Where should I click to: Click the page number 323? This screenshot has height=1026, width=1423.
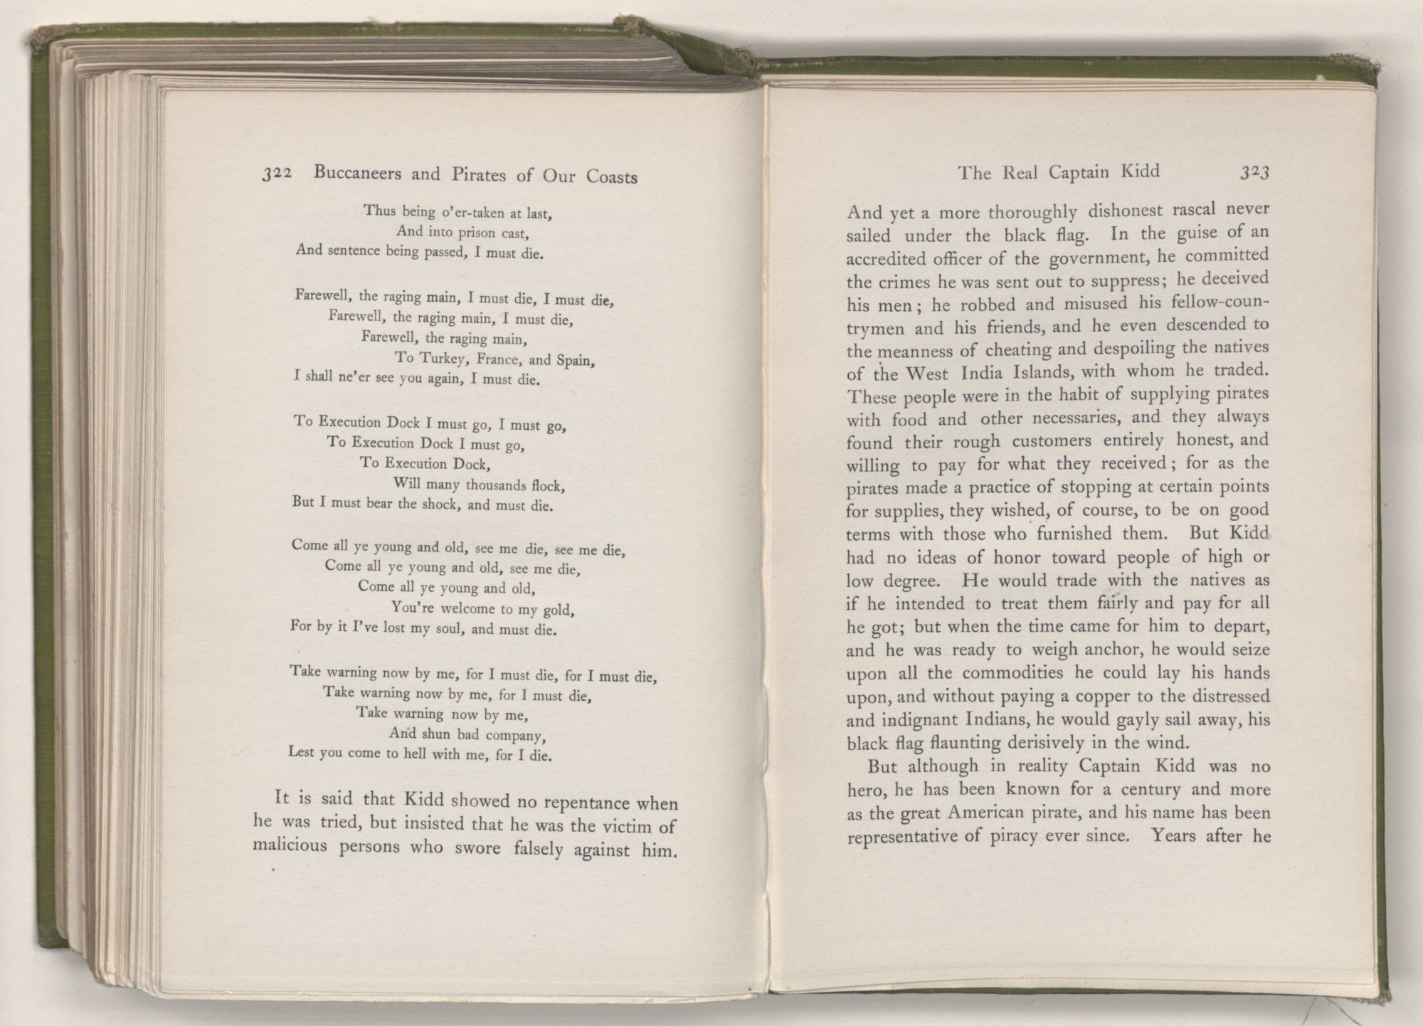[x=1254, y=173]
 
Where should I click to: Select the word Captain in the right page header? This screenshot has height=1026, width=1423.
[x=1088, y=171]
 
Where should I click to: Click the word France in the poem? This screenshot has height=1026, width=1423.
[x=500, y=359]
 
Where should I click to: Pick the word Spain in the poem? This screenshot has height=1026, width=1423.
[x=575, y=361]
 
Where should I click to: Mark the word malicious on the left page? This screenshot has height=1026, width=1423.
[x=290, y=847]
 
